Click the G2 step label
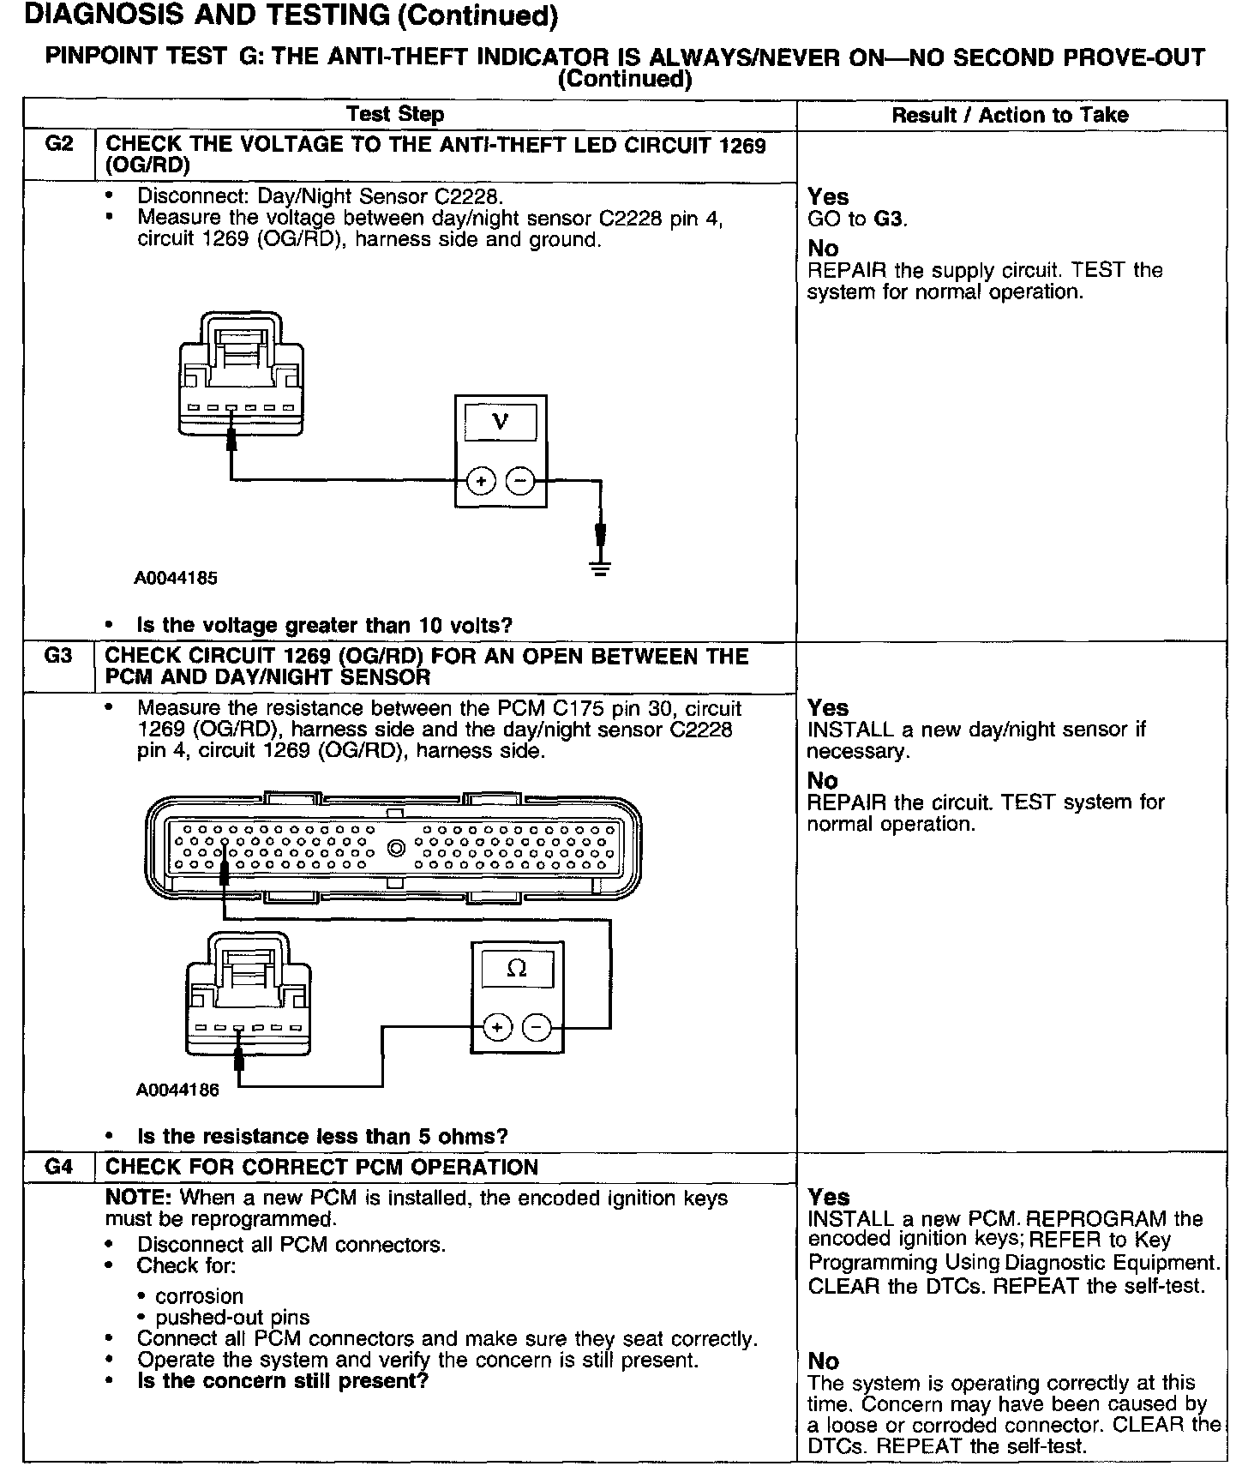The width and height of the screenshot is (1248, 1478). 57,144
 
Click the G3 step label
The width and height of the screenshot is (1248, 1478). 57,656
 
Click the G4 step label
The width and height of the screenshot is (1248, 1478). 57,1167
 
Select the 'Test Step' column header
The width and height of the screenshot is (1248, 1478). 395,115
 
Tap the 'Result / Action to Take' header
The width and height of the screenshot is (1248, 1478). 1010,116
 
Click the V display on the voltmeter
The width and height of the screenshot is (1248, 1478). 501,422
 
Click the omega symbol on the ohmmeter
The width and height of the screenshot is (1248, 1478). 517,969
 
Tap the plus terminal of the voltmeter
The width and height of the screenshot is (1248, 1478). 481,482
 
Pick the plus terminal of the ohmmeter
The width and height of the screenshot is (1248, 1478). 498,1026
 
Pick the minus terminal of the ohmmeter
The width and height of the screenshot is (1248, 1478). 537,1026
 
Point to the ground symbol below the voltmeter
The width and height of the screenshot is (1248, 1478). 600,567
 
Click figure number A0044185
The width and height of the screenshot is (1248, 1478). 176,579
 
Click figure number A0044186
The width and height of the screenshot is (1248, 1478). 177,1090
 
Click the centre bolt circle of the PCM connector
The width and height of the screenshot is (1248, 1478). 395,849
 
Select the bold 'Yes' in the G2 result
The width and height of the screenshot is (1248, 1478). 828,197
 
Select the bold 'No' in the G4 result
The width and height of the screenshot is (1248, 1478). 823,1361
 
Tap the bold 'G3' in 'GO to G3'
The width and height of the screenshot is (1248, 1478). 889,219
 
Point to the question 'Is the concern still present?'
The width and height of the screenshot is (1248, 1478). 282,1381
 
